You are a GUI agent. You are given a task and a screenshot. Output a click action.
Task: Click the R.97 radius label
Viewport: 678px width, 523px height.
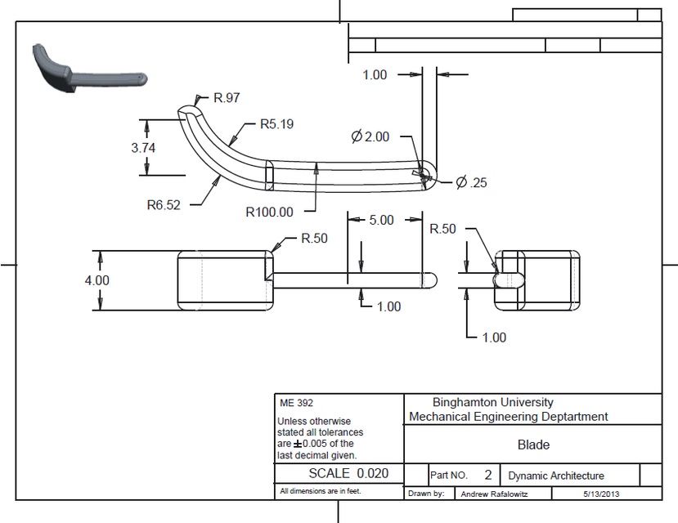point(227,98)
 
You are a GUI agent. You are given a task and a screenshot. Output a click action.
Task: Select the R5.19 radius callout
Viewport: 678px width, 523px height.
point(276,125)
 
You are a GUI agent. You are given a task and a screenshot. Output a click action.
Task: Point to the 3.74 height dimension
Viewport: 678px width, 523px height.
point(143,148)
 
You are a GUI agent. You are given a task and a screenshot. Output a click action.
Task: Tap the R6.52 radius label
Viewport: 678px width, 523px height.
point(164,204)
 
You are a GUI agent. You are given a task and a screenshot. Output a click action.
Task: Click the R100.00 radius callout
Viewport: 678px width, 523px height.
point(269,212)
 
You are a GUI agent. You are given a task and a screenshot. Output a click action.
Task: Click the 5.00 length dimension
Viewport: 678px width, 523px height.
point(381,220)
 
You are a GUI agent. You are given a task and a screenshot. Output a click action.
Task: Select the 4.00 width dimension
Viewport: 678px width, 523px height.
point(97,279)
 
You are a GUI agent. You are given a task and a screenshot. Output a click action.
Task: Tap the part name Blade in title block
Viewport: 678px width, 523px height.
point(533,445)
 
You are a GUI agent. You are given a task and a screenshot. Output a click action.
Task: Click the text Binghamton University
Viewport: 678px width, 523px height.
point(492,402)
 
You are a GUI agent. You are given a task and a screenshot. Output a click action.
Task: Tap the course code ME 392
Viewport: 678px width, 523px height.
point(296,403)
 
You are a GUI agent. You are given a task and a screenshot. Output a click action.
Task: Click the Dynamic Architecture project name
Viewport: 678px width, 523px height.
point(555,476)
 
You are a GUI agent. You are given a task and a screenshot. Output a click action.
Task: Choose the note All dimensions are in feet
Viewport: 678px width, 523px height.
point(320,491)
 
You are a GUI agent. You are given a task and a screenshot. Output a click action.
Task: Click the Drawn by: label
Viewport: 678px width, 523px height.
point(426,494)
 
